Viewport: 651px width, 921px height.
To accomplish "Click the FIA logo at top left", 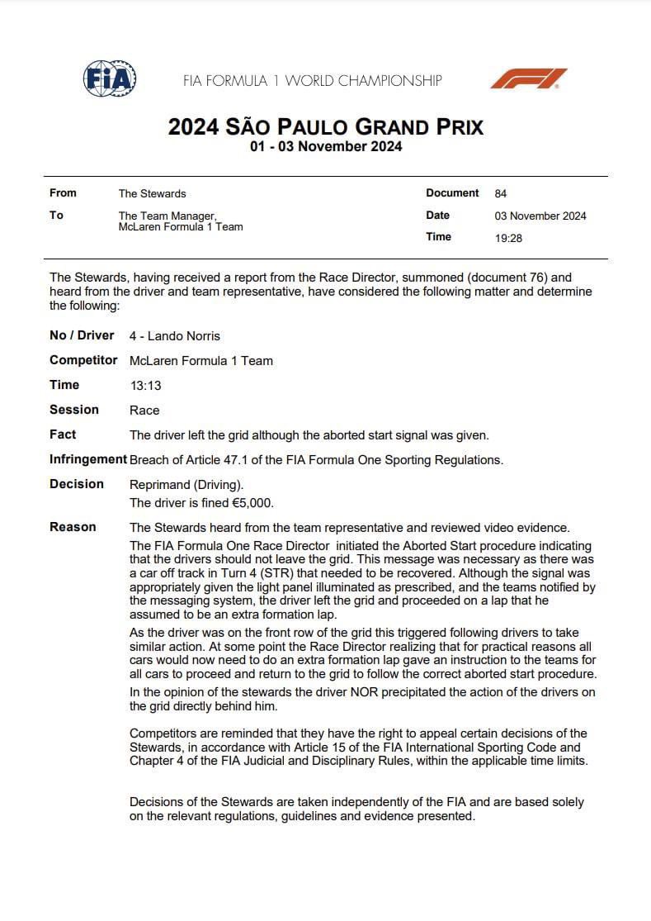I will pyautogui.click(x=110, y=79).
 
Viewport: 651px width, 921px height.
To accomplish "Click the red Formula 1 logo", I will pyautogui.click(x=529, y=79).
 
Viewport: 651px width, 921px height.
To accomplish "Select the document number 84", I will pyautogui.click(x=501, y=194).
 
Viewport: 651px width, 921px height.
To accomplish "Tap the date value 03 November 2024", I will pyautogui.click(x=540, y=216).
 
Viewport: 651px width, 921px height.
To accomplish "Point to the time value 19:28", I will pyautogui.click(x=508, y=238).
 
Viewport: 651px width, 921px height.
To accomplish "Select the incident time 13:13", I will pyautogui.click(x=144, y=386).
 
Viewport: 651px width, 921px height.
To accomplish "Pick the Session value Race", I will pyautogui.click(x=144, y=411).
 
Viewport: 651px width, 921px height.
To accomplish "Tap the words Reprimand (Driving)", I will pyautogui.click(x=186, y=485).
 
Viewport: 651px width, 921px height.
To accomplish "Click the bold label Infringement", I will pyautogui.click(x=87, y=460).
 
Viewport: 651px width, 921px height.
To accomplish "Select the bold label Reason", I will pyautogui.click(x=73, y=527).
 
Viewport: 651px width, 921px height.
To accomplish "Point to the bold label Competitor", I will pyautogui.click(x=83, y=360).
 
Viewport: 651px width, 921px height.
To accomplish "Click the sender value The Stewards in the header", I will pyautogui.click(x=153, y=194).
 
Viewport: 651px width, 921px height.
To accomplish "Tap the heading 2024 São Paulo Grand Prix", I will pyautogui.click(x=325, y=127).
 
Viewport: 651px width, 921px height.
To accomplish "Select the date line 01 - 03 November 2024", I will pyautogui.click(x=325, y=147).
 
